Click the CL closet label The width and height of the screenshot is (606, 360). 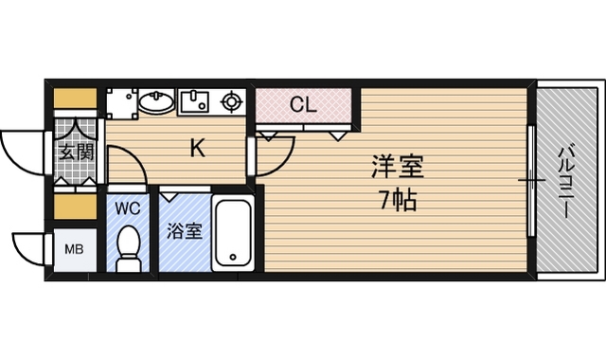(303, 104)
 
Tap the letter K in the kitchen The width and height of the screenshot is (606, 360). (198, 148)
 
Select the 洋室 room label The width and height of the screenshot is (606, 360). (398, 167)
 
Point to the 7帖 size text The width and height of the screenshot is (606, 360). (399, 201)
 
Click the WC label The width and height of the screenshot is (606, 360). (128, 208)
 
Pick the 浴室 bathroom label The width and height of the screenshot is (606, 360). (185, 231)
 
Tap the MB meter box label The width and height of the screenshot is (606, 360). (74, 249)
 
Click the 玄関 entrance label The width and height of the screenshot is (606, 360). (77, 152)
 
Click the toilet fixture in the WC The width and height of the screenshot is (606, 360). (128, 248)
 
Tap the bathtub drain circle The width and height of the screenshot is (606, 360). (233, 257)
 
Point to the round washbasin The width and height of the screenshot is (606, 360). (156, 101)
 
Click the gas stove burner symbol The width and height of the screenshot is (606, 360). (231, 102)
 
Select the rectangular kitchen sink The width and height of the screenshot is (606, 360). (195, 102)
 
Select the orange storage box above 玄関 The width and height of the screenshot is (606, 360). (75, 99)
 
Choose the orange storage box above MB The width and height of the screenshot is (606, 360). (75, 207)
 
